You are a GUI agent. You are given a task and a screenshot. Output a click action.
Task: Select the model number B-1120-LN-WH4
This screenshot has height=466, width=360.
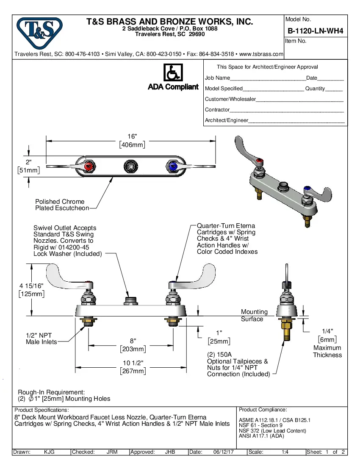[315, 31]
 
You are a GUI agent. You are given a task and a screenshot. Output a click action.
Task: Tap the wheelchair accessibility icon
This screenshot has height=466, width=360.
[173, 72]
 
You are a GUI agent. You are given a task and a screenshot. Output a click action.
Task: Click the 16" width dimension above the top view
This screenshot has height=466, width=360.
[132, 141]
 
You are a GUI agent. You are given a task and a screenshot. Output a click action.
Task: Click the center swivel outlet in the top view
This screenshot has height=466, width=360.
[130, 166]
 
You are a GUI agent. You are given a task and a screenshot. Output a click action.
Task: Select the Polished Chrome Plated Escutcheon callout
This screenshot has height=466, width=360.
[62, 205]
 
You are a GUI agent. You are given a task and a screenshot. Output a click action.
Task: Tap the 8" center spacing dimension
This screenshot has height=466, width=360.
[133, 345]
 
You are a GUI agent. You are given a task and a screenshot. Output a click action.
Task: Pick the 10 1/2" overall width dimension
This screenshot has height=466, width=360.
[133, 367]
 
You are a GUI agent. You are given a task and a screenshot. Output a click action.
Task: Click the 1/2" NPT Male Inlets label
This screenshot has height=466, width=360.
[41, 338]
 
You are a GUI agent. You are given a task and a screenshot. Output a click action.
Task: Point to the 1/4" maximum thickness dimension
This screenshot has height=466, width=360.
[327, 335]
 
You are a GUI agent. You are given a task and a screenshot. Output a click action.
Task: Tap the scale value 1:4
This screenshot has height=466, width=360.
[285, 452]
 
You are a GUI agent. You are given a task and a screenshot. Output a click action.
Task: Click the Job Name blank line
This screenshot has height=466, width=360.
[268, 78]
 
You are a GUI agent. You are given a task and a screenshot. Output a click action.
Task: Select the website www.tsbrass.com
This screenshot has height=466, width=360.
[261, 54]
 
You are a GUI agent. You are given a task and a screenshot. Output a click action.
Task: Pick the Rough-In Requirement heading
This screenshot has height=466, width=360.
[51, 392]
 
